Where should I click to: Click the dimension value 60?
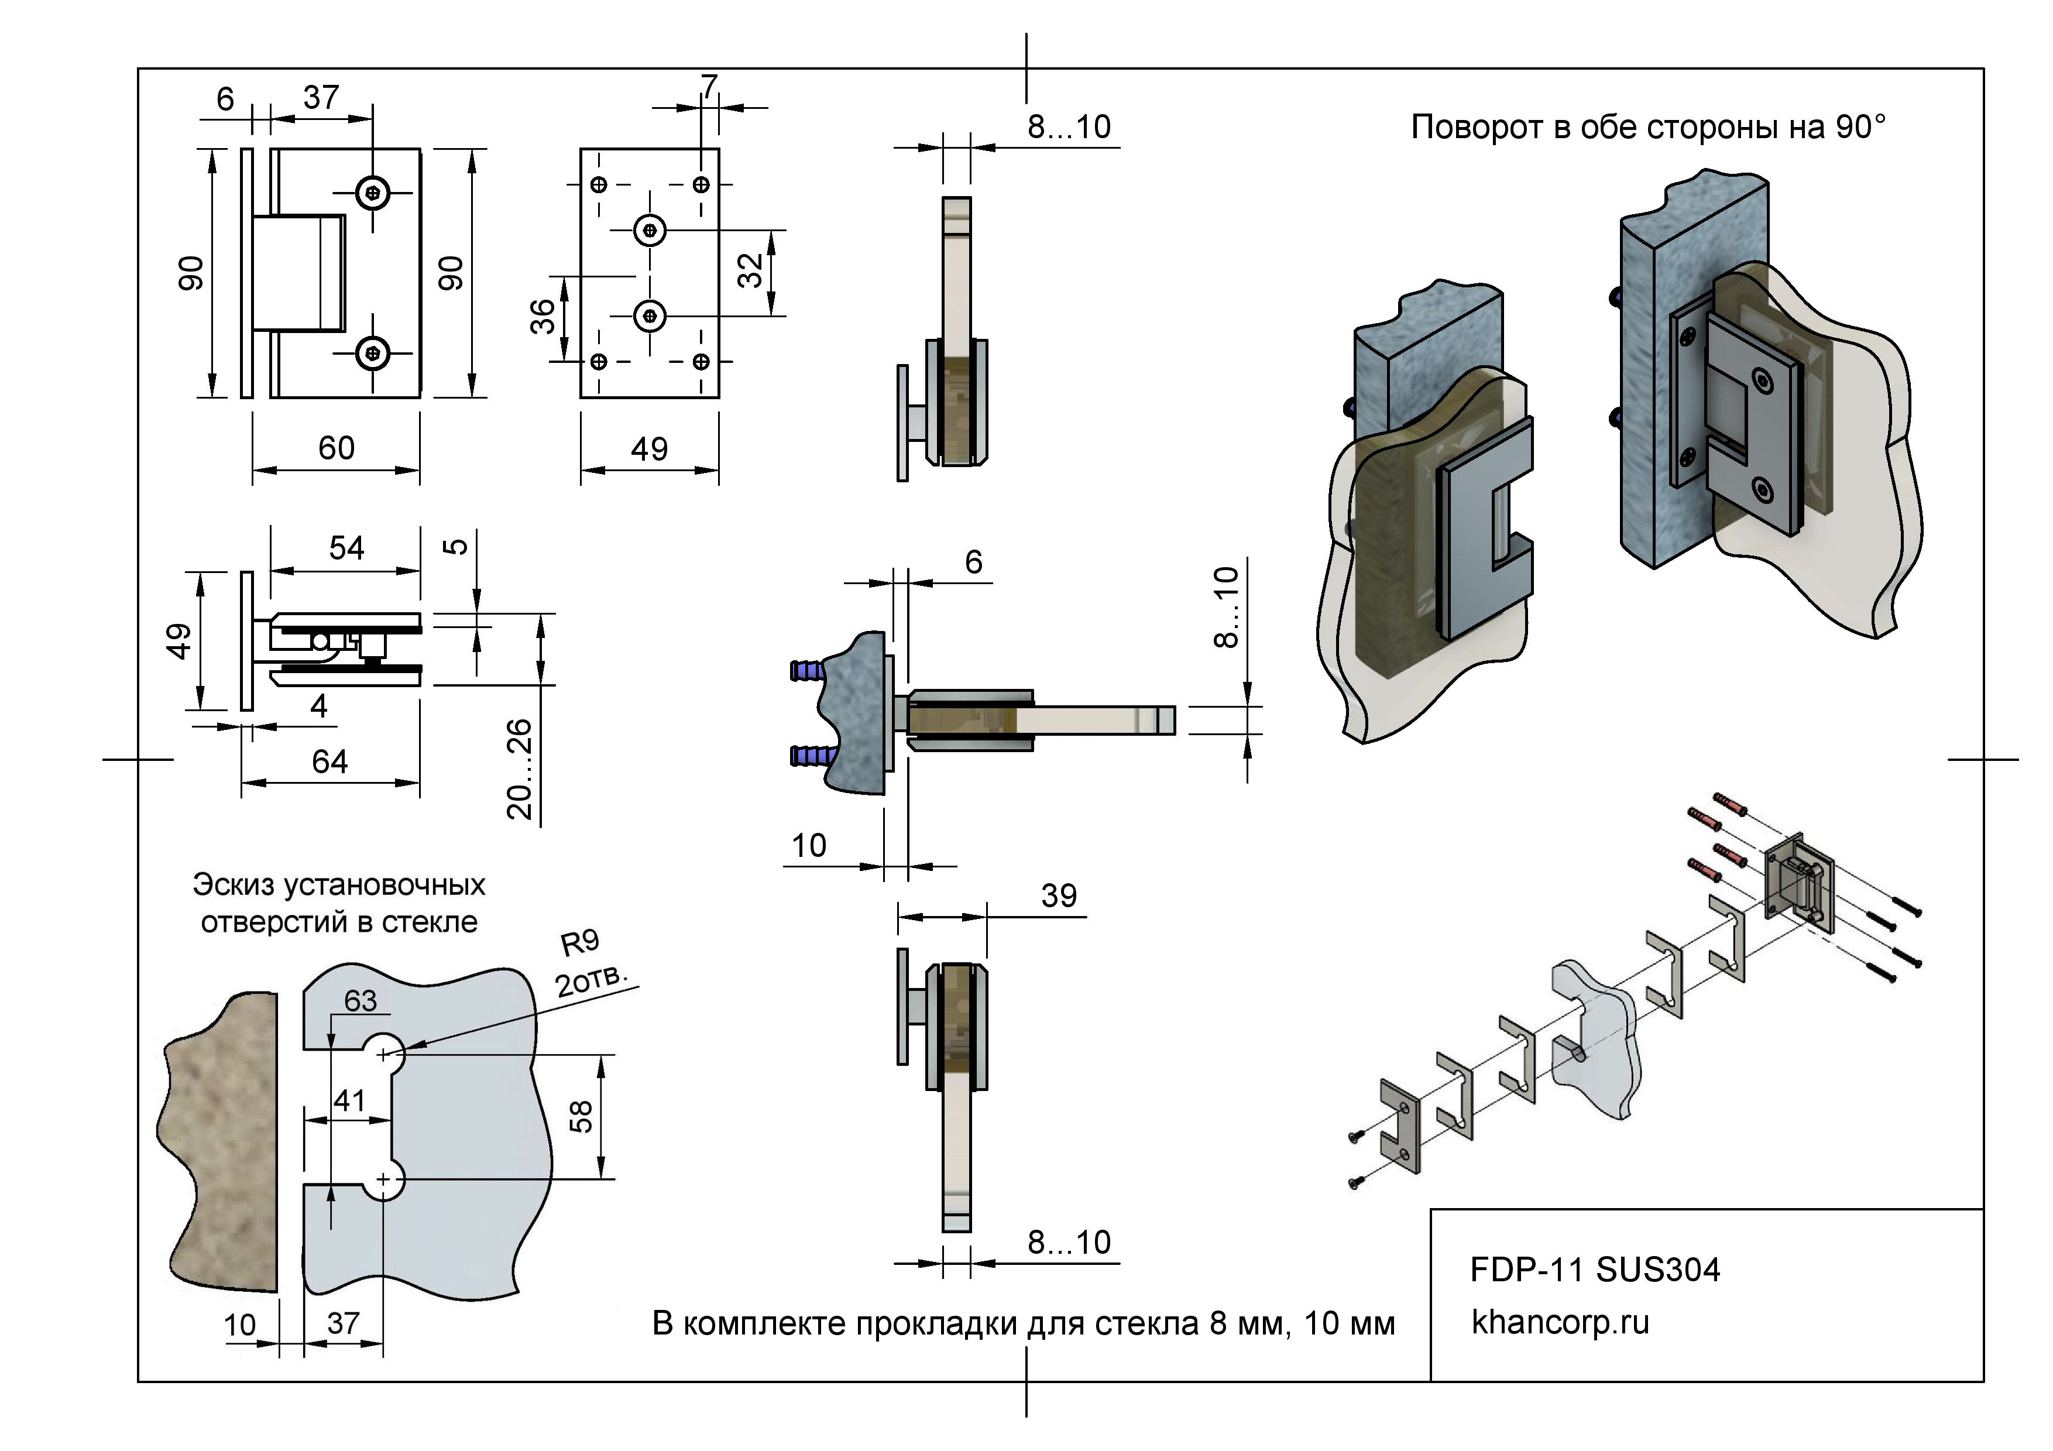(336, 448)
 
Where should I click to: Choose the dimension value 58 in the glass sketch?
(581, 1117)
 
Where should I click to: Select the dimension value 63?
(361, 1001)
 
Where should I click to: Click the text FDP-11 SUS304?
(1594, 1270)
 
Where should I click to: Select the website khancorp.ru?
(1560, 1322)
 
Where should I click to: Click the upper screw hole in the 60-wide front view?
(373, 191)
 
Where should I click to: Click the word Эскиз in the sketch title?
(234, 885)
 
